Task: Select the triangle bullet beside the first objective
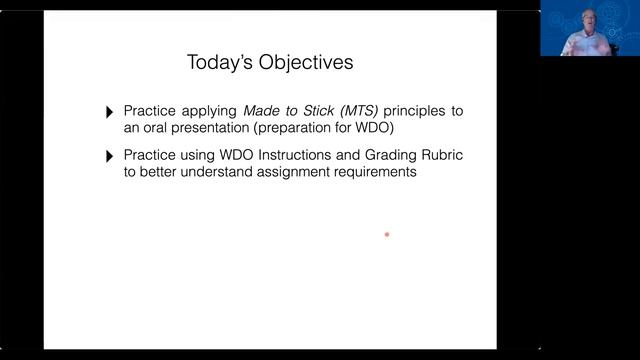tap(110, 112)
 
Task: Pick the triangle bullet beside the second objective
tap(110, 157)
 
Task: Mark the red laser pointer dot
tap(387, 235)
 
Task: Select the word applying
tap(207, 110)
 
